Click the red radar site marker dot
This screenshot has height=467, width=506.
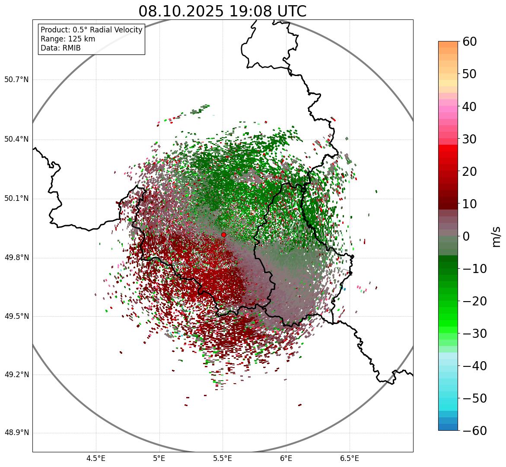coord(223,235)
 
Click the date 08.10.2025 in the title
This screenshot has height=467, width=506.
coord(181,11)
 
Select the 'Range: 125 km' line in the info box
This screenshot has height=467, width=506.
coord(68,39)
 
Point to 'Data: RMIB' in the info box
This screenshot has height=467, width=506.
coord(60,48)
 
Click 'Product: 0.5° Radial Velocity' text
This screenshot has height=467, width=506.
coord(91,30)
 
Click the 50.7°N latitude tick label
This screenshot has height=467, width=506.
coord(16,80)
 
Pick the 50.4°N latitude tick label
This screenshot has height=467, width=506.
coord(16,140)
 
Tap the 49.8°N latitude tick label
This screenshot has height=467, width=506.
coord(16,258)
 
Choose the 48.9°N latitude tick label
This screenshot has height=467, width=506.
coord(16,433)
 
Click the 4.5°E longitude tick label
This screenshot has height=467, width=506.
coord(96,458)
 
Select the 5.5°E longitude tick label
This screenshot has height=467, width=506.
coord(223,458)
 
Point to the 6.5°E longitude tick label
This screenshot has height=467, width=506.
coord(349,458)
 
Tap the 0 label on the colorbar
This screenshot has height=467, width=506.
coord(466,236)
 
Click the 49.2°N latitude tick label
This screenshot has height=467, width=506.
coord(16,375)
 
